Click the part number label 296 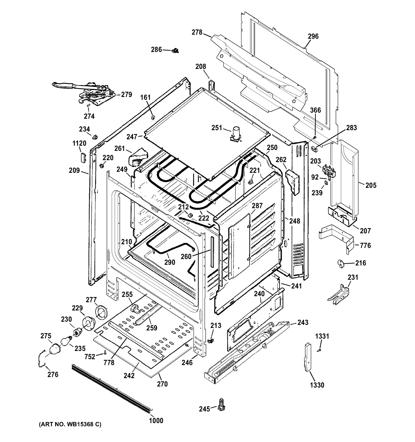click(313, 36)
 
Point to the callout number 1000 click(156, 420)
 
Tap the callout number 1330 click(317, 385)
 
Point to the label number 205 click(371, 185)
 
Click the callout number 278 click(197, 32)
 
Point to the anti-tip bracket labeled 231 click(338, 294)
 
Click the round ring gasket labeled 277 click(101, 312)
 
